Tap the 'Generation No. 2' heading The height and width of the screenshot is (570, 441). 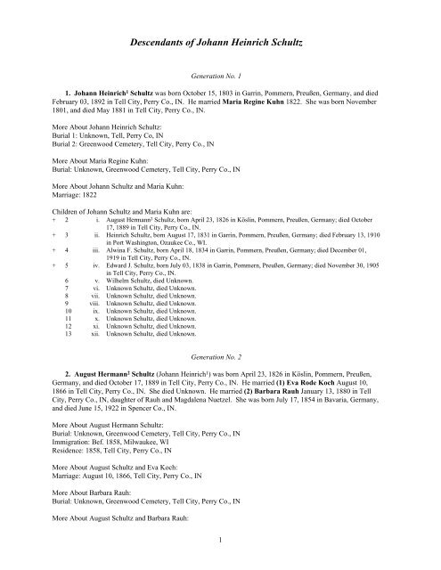220,353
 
